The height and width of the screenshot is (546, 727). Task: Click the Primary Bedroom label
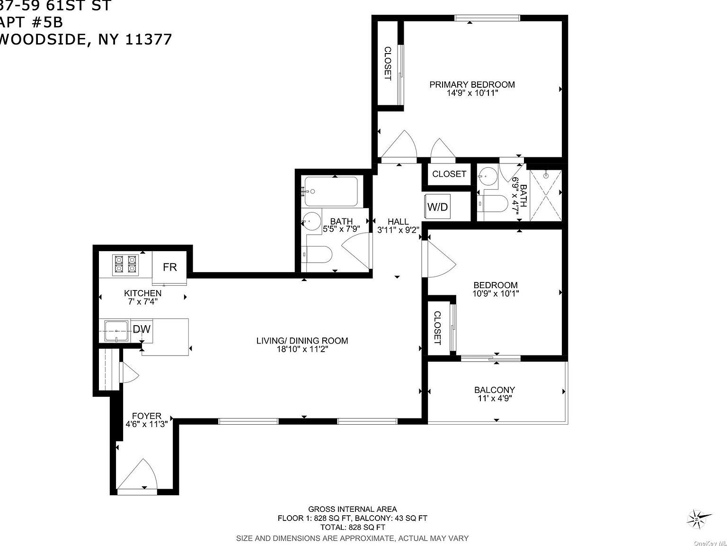click(x=472, y=84)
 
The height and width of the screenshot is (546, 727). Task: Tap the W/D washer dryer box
click(x=437, y=207)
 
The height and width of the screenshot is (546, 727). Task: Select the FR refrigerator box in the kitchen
click(x=169, y=267)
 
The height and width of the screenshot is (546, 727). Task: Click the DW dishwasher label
click(x=142, y=328)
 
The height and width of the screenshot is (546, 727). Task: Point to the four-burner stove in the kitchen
click(x=124, y=264)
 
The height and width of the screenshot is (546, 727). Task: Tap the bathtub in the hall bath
click(x=331, y=191)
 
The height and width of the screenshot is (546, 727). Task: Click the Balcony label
click(x=495, y=390)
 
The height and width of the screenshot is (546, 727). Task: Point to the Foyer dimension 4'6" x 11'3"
click(x=147, y=424)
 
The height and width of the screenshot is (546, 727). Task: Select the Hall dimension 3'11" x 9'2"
click(x=398, y=230)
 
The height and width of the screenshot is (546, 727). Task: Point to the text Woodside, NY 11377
click(x=85, y=39)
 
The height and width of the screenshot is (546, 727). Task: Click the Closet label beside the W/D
click(x=449, y=174)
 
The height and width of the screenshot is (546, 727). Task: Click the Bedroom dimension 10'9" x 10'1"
click(x=496, y=293)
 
